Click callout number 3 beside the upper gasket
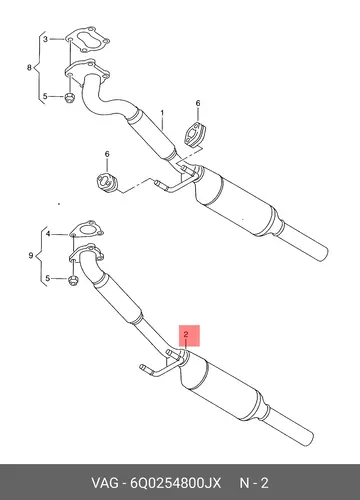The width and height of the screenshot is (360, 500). [x=45, y=39]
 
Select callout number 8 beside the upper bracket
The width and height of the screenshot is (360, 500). [x=29, y=68]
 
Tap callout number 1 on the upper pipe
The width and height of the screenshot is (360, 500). [x=162, y=113]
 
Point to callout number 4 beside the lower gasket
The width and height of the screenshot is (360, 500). [x=48, y=234]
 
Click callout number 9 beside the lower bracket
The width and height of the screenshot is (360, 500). [x=31, y=256]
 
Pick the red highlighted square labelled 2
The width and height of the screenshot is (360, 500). [x=189, y=336]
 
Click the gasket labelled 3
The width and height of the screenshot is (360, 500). [x=87, y=40]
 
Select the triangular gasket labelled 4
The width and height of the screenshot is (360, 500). [x=87, y=230]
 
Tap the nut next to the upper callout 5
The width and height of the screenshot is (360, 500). [x=69, y=98]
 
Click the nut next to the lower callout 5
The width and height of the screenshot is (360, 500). [x=73, y=280]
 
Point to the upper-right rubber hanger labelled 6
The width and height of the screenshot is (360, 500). [x=194, y=135]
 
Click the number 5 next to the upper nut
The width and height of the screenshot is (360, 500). [x=45, y=97]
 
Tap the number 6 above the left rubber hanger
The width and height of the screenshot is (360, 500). [x=107, y=154]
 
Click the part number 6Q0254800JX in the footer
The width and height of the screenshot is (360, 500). [x=175, y=483]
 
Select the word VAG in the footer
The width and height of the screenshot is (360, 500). [x=105, y=483]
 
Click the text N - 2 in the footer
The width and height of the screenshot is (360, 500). [x=254, y=483]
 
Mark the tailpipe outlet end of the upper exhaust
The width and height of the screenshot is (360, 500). [x=322, y=254]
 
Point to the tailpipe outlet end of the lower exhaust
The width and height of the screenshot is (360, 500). [x=308, y=438]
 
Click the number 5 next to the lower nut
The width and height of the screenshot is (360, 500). [x=48, y=278]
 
